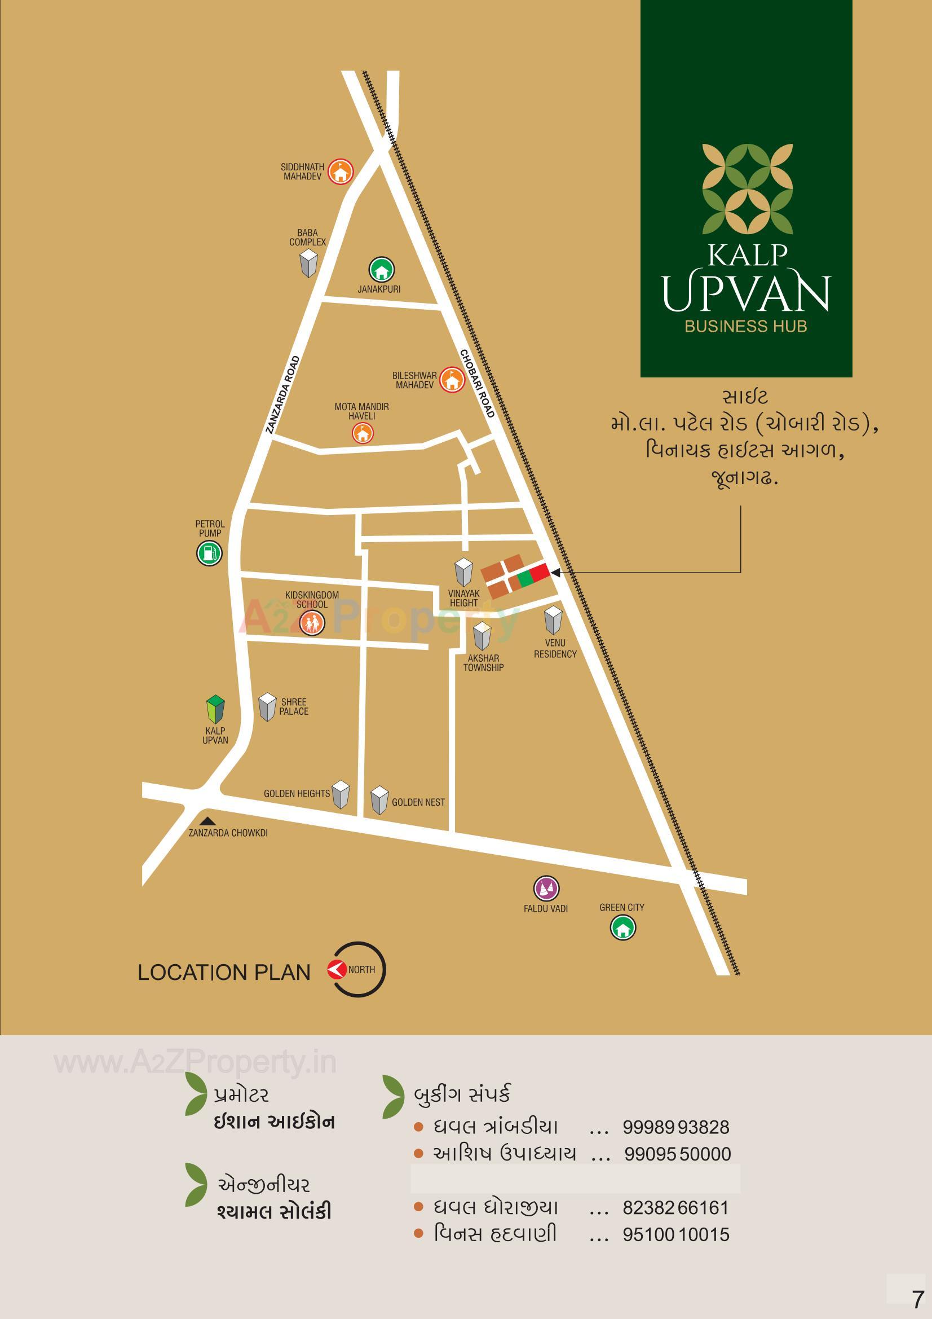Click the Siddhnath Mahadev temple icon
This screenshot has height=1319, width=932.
341,170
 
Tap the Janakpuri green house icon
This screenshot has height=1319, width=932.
381,269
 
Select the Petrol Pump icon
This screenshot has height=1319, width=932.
209,553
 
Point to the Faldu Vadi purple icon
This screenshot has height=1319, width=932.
546,889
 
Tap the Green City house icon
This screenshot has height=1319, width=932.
622,927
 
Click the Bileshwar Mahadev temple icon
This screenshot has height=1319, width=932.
453,380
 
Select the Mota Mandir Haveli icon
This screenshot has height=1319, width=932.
362,433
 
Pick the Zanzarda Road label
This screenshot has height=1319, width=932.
283,395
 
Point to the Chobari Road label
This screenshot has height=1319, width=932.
477,383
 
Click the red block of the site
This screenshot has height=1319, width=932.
539,573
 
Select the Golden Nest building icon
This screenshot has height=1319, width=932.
379,800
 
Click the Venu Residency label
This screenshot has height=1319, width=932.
555,649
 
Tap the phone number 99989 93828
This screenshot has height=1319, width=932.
676,1127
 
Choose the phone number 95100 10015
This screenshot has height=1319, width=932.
676,1234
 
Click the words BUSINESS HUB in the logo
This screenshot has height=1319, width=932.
745,326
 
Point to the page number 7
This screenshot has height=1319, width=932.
918,1299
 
